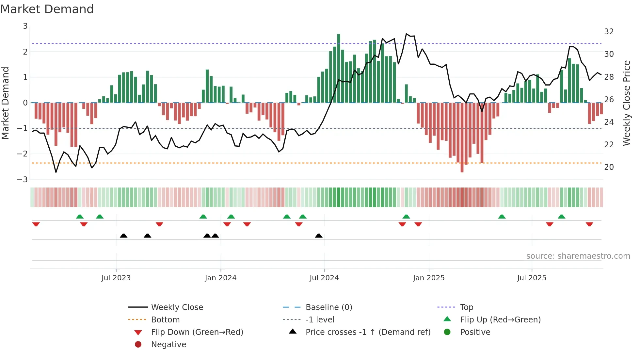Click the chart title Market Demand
click(x=47, y=9)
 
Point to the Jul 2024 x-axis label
click(x=324, y=278)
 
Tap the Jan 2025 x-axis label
click(x=428, y=278)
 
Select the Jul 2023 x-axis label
click(x=116, y=278)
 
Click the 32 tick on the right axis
click(x=609, y=32)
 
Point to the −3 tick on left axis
click(x=23, y=179)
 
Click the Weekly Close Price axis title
click(x=626, y=103)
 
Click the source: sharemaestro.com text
click(x=578, y=256)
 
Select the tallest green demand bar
click(x=339, y=68)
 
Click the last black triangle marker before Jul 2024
click(x=319, y=236)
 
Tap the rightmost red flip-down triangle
click(x=589, y=224)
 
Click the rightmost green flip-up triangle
click(x=561, y=217)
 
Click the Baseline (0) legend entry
click(x=328, y=307)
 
